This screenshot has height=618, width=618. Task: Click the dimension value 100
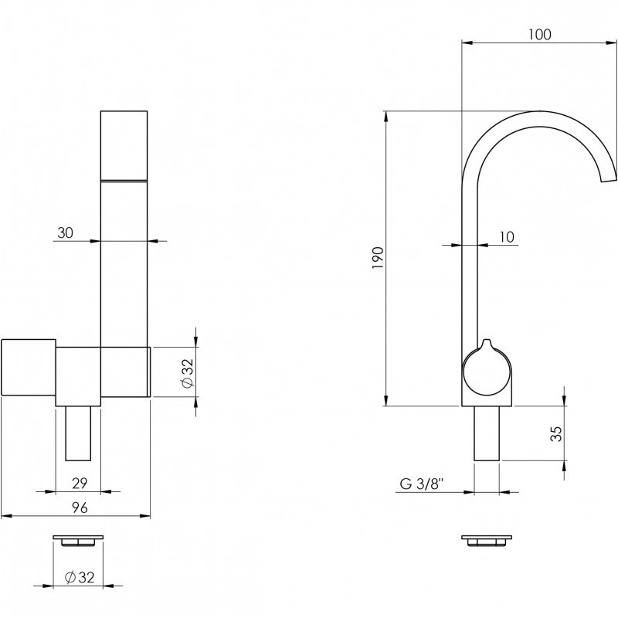tap(539, 35)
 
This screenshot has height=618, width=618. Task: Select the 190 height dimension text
tap(378, 258)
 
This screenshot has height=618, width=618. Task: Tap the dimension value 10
tap(507, 237)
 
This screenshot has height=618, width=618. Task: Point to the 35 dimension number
tap(555, 433)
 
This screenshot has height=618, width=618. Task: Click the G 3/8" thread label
tap(422, 484)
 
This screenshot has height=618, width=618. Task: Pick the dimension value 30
tap(66, 233)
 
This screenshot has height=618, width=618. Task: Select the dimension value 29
tap(80, 484)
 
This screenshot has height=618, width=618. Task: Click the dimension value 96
tap(80, 508)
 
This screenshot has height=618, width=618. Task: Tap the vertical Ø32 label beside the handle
tap(188, 372)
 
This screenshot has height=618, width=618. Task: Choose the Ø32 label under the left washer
tap(80, 577)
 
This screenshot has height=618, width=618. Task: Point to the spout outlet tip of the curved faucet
tap(608, 180)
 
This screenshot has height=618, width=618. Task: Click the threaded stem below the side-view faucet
tap(487, 433)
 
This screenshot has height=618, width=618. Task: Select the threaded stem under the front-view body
tap(78, 433)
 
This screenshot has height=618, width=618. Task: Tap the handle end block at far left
tap(29, 367)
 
